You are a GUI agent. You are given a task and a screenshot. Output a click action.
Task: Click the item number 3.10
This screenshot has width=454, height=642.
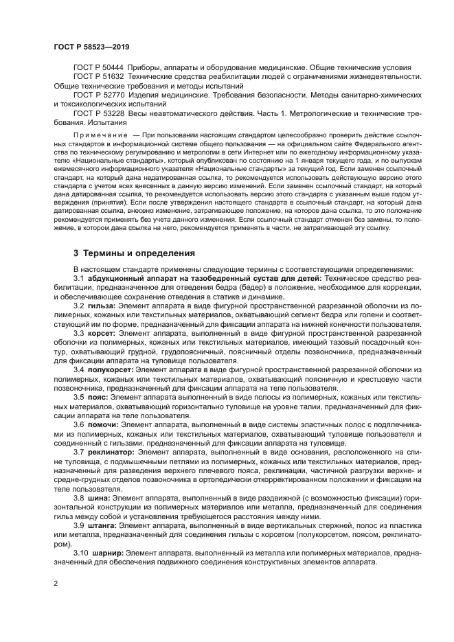[81, 552]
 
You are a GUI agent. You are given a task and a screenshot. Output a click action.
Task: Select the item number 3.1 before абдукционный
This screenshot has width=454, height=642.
[79, 277]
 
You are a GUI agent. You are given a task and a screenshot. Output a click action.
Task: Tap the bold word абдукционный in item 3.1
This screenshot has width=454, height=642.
[117, 277]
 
